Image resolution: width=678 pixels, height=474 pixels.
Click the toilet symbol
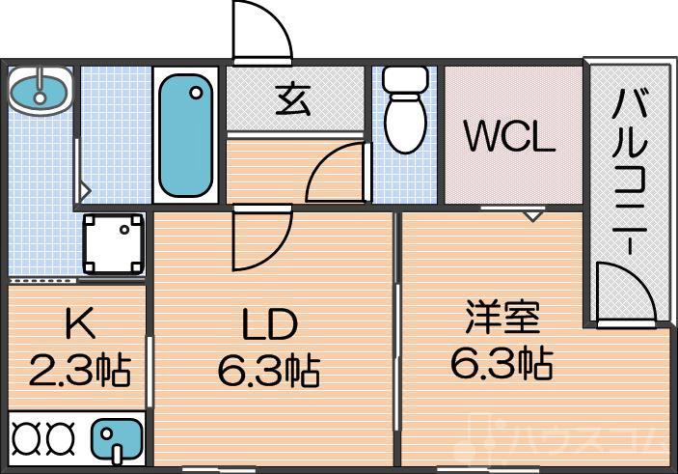(x=404, y=111)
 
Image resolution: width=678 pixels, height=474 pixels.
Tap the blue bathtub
(x=185, y=136)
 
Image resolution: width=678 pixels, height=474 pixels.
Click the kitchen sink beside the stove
(x=117, y=439)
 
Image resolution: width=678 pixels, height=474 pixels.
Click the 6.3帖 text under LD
(x=267, y=369)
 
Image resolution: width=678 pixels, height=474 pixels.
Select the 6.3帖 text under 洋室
(x=501, y=362)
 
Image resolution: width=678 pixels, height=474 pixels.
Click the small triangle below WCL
(x=531, y=215)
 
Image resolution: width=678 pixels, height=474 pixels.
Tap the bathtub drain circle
(x=197, y=94)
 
